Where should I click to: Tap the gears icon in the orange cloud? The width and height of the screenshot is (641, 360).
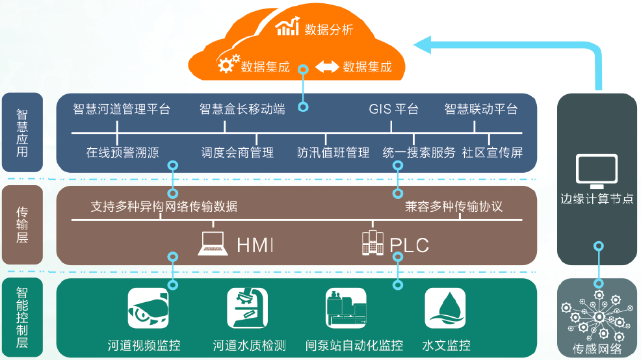coord(228,64)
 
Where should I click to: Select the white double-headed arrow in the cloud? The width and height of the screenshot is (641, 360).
coord(326,66)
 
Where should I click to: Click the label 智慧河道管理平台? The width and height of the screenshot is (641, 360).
coord(121,109)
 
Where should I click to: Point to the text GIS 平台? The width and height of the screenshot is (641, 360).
coord(393,109)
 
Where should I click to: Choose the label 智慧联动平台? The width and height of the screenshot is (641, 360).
coord(481,109)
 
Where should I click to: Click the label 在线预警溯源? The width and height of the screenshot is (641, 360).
coord(122,153)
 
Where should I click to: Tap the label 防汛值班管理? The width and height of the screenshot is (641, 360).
coord(333,153)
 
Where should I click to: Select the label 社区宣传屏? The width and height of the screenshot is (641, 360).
coord(492,153)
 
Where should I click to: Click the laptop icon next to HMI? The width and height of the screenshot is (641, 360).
coord(213,243)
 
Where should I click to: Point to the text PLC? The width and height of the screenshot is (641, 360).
coord(410,245)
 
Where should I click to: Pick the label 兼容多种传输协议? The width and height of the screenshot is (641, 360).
coord(454,207)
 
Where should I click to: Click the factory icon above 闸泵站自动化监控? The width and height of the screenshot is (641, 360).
coord(347,308)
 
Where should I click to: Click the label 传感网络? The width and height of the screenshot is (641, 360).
coord(597,350)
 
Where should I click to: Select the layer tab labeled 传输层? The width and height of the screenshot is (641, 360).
coord(22,225)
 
